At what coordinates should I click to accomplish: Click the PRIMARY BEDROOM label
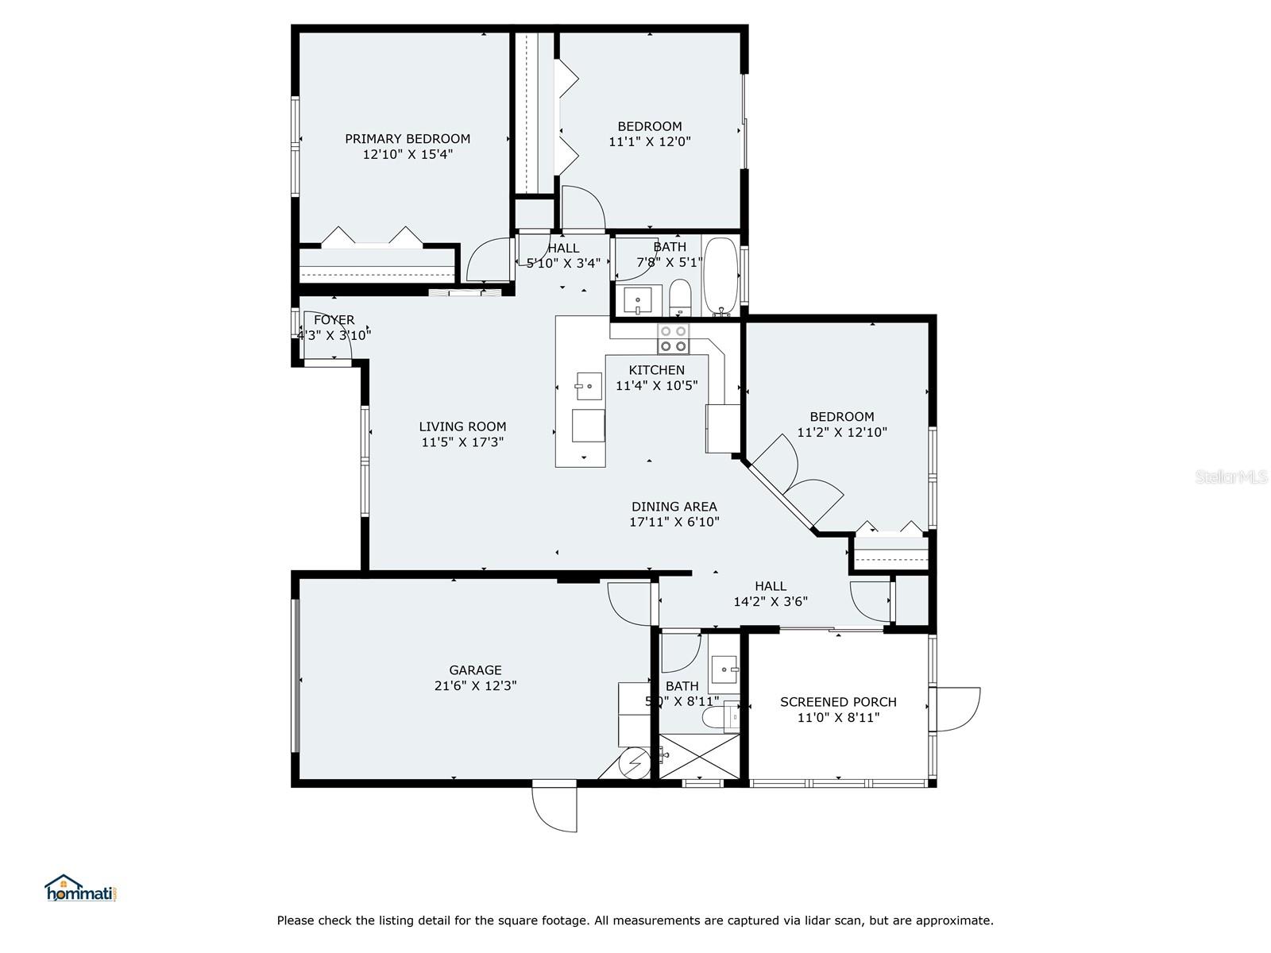[x=407, y=139]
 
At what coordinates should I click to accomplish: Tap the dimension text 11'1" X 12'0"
[x=650, y=142]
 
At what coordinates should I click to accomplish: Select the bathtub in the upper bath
[x=720, y=276]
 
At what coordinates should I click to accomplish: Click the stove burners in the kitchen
[x=674, y=339]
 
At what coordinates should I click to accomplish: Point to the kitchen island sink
[x=588, y=387]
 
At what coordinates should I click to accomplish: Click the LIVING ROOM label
[x=462, y=426]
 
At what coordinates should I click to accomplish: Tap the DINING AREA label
[x=674, y=507]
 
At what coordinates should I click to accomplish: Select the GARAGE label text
[x=475, y=670]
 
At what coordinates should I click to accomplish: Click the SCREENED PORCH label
[x=838, y=702]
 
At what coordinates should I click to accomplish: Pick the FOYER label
[x=334, y=320]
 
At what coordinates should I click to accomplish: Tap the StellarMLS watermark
[x=1230, y=476]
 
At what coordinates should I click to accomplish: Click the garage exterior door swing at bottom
[x=556, y=808]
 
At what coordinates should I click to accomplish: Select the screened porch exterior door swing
[x=956, y=710]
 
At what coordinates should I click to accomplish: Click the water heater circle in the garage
[x=634, y=764]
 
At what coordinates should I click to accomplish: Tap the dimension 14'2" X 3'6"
[x=770, y=602]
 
